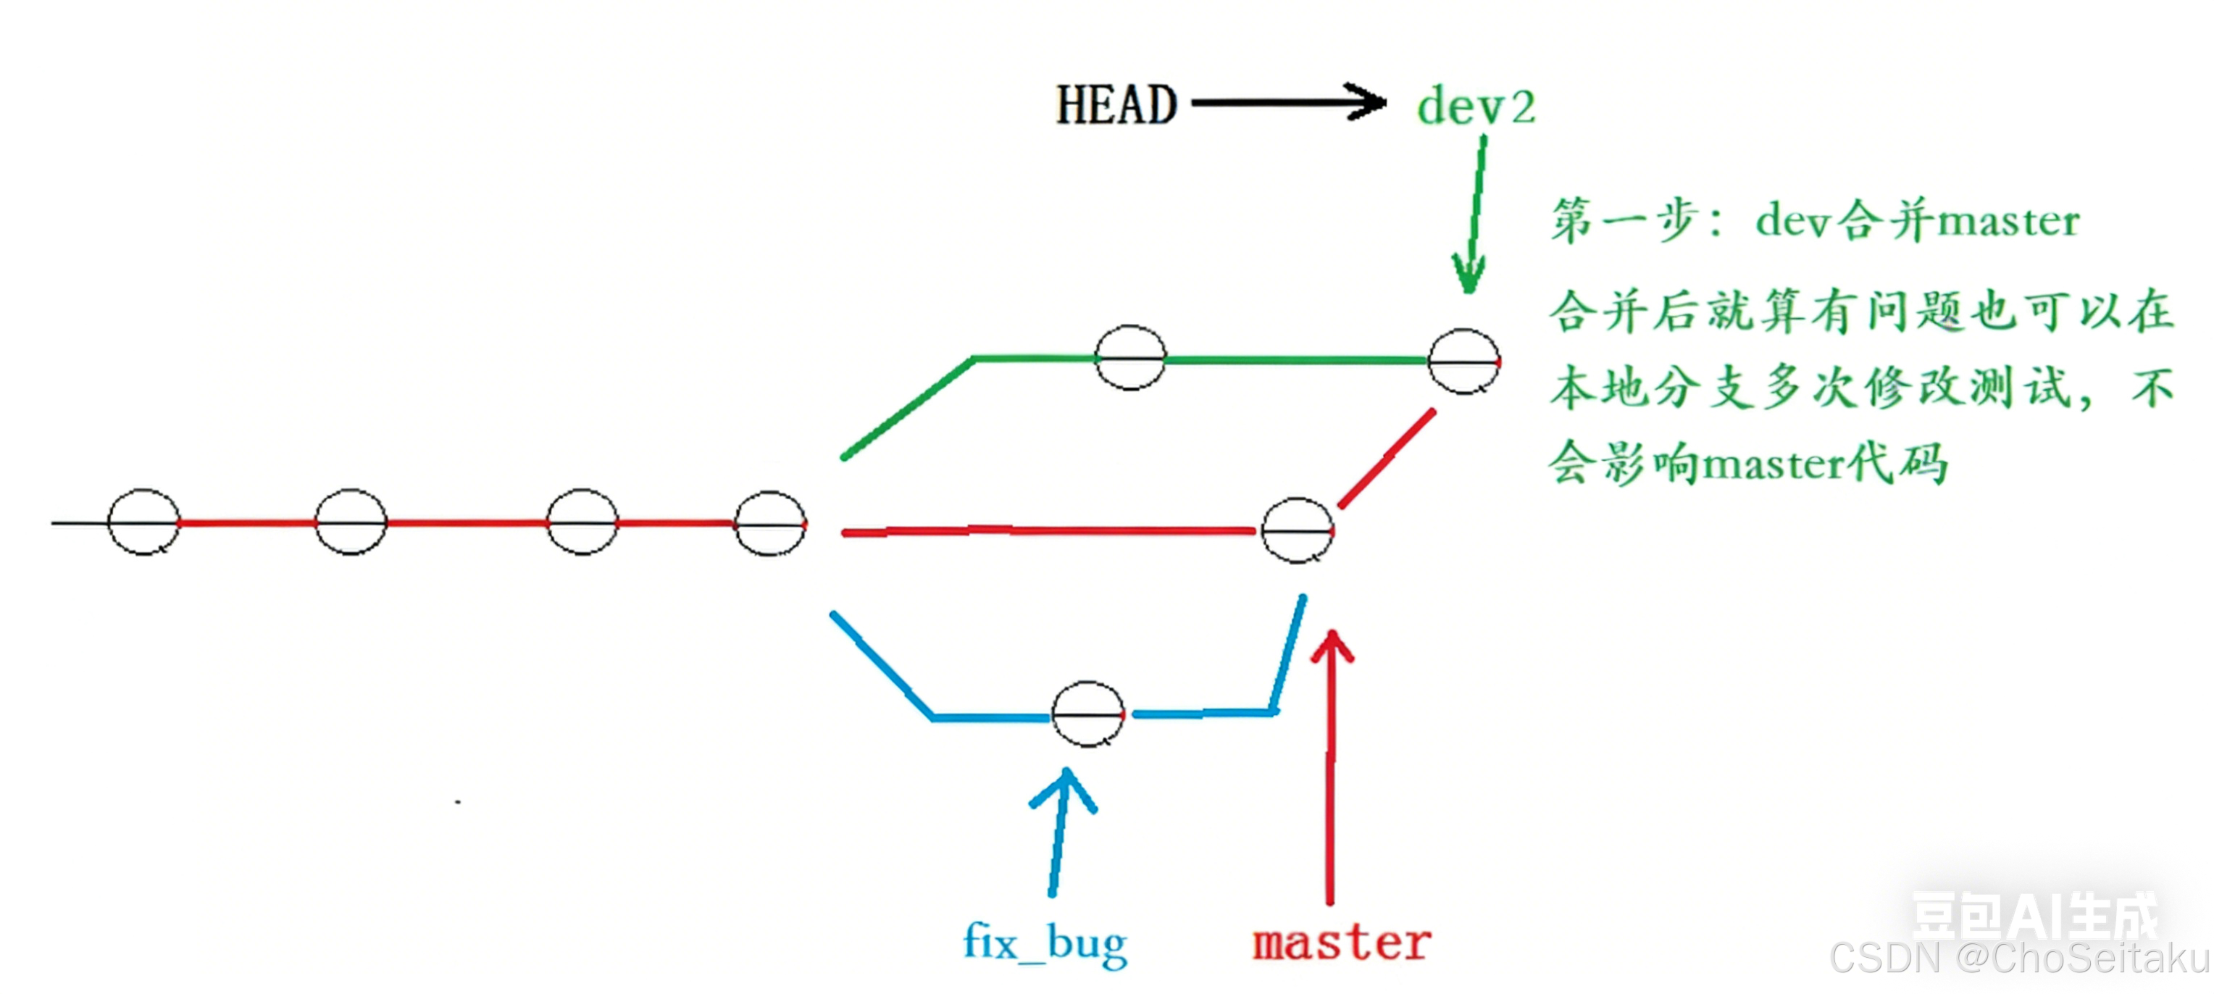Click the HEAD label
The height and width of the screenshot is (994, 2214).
coord(1116,106)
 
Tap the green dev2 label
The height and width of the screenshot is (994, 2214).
coord(1476,107)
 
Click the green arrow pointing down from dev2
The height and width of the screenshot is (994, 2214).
coord(1474,214)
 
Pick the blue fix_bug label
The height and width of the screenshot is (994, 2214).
coord(1044,943)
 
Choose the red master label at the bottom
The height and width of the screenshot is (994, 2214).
coord(1342,943)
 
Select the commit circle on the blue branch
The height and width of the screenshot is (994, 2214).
coord(1087,714)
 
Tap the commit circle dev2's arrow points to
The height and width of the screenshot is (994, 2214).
coord(1463,362)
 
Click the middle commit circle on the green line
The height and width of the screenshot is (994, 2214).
coord(1130,357)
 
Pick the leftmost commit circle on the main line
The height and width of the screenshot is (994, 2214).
coord(143,522)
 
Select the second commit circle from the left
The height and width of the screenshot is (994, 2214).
coord(351,522)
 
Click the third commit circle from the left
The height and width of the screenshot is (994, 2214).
coord(582,522)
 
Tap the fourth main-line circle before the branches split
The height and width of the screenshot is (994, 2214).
coord(770,524)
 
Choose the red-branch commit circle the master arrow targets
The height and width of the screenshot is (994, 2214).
coord(1297,531)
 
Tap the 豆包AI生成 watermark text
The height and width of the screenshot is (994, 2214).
coord(2034,916)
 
